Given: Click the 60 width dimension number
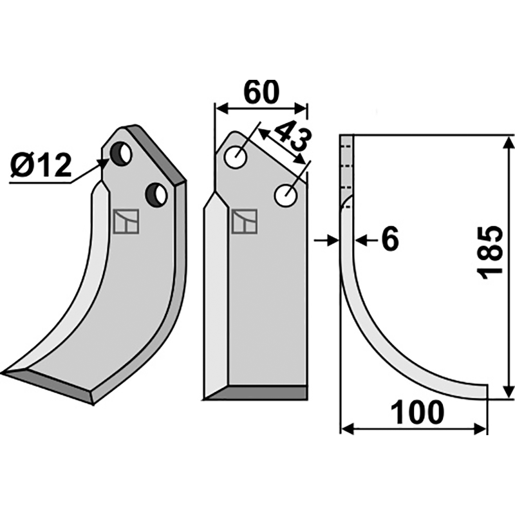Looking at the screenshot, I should point(261,92).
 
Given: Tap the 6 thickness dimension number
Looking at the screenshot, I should point(389,240).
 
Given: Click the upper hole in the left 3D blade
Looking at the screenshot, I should point(120,153).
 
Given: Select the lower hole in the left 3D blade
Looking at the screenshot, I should point(156,194).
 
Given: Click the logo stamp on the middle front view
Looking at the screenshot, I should point(244,221).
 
